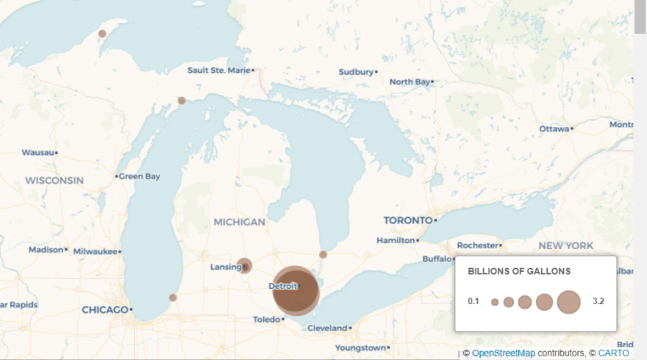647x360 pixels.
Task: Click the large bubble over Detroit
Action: [296, 291]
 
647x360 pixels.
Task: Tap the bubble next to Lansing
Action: [245, 265]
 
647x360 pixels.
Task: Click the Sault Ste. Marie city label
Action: [218, 71]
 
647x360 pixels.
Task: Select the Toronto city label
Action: [407, 220]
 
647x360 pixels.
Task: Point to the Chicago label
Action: [105, 310]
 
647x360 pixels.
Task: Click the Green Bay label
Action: [140, 176]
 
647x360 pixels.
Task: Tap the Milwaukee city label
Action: [95, 251]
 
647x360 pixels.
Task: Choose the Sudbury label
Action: [356, 72]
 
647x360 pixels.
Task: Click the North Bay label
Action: [410, 82]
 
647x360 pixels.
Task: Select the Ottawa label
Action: [554, 129]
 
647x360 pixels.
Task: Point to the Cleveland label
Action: [327, 328]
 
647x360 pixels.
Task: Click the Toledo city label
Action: [267, 320]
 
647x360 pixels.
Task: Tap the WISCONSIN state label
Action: [54, 180]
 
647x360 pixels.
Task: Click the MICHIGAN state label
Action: [239, 222]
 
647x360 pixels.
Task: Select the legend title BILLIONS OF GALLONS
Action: [519, 271]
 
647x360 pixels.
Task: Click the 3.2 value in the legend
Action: [598, 301]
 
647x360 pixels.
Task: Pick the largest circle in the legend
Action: [568, 301]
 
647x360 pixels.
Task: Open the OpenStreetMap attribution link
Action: [503, 353]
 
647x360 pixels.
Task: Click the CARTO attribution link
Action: [613, 353]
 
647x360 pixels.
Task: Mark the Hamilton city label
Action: [396, 240]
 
